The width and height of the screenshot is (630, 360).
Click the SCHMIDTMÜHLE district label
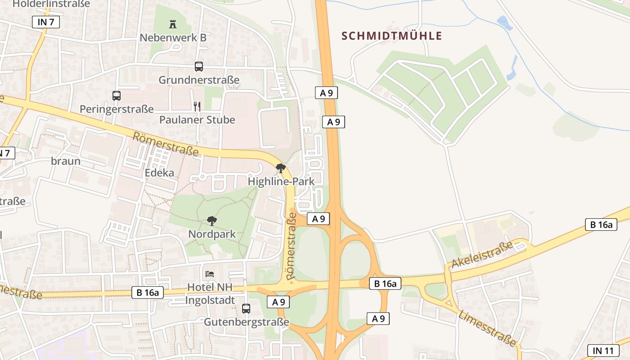[391, 36]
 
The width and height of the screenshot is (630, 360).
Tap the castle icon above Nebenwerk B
[173, 23]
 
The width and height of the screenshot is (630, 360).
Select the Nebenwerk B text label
[173, 38]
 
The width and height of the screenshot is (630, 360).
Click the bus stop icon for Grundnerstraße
[199, 67]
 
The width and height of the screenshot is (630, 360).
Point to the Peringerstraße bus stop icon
[117, 95]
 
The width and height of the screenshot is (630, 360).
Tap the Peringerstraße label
[117, 109]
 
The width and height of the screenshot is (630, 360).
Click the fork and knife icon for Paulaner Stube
[197, 106]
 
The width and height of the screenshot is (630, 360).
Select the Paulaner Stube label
[197, 120]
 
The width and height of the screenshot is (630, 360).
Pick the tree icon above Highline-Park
[281, 168]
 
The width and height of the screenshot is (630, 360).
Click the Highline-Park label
[281, 182]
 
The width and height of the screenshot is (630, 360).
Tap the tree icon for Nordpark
[212, 220]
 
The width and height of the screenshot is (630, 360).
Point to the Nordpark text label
[212, 234]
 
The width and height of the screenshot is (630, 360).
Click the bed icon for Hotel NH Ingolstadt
[210, 274]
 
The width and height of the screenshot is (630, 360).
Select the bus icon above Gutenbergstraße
[246, 309]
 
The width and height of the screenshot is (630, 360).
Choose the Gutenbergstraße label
[246, 323]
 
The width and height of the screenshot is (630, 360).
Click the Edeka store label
[159, 173]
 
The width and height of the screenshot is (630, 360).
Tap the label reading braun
[66, 161]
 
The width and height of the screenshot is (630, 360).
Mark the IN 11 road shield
[603, 351]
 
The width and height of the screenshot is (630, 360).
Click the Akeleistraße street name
[482, 255]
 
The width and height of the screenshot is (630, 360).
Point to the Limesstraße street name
[487, 328]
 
